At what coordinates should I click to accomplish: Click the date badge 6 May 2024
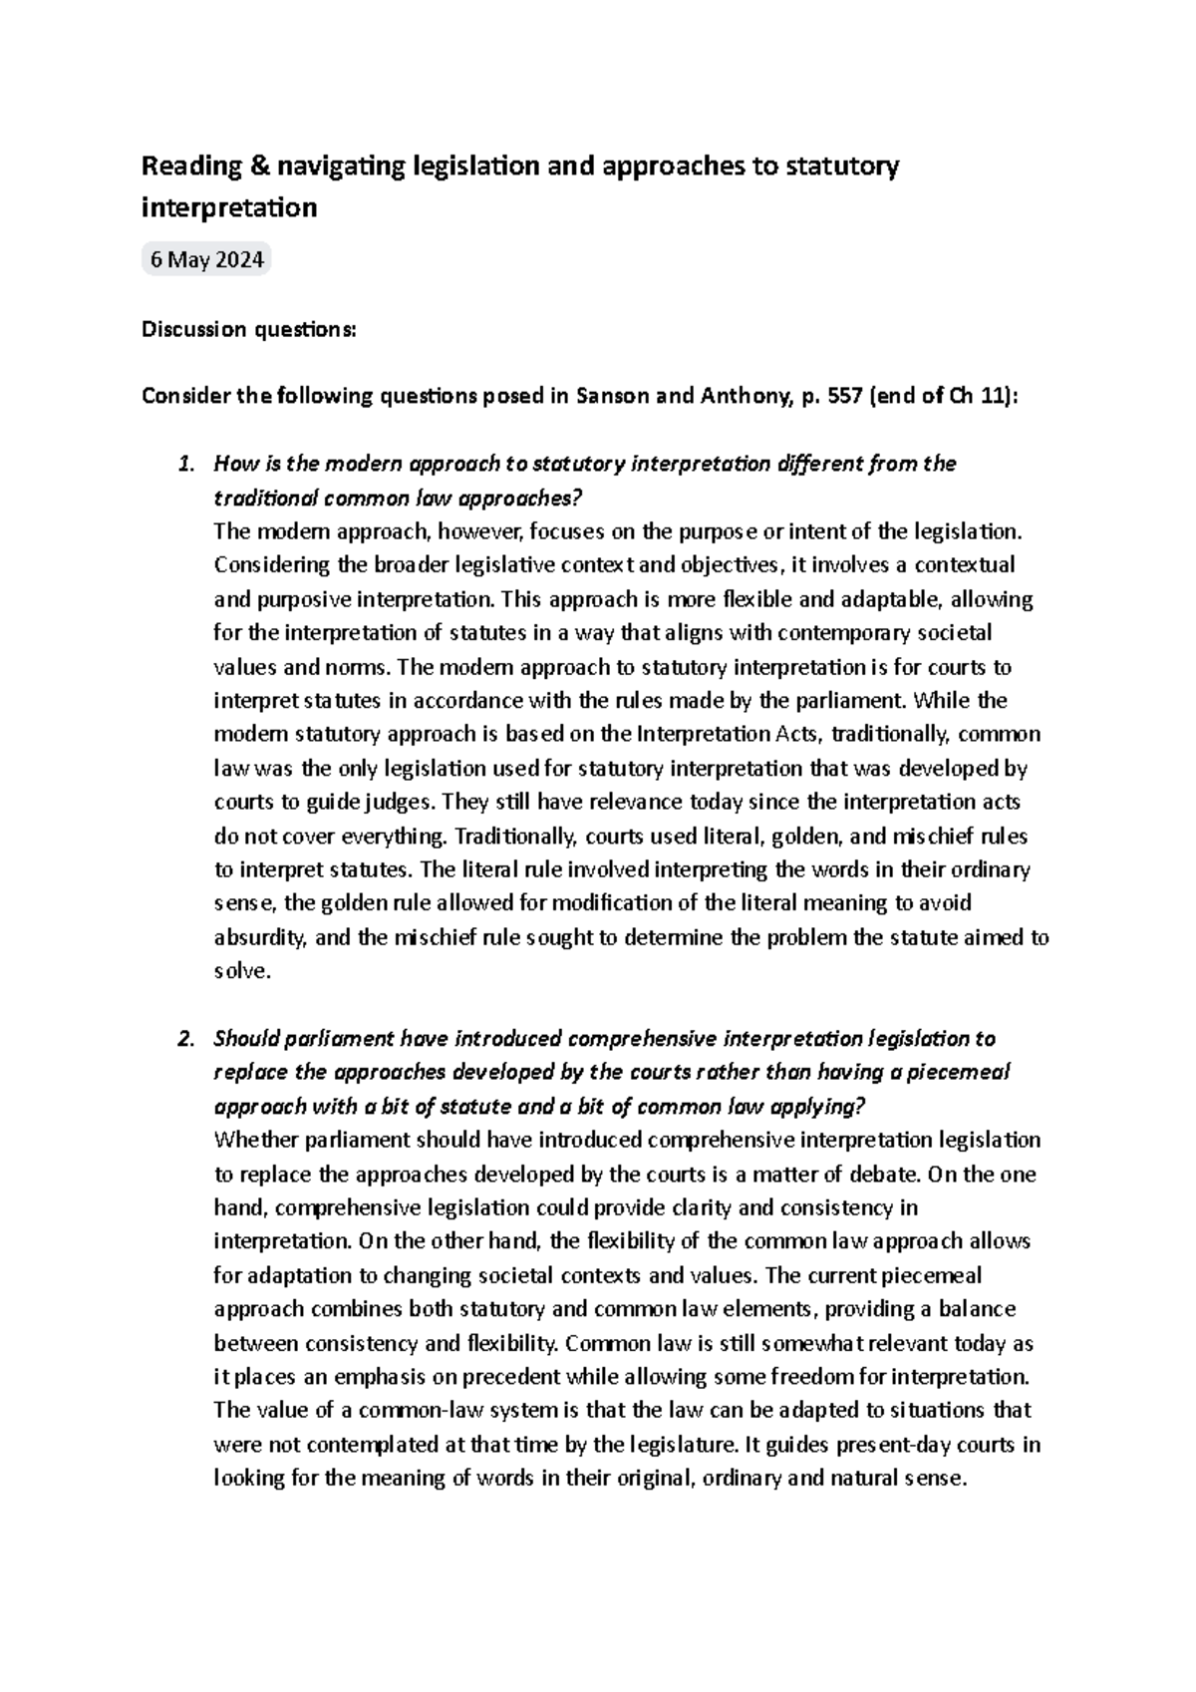[206, 260]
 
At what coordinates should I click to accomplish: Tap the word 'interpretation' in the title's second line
[229, 207]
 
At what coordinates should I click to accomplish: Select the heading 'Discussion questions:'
[247, 330]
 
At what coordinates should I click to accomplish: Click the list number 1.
[182, 464]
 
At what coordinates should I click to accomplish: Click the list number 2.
[182, 1039]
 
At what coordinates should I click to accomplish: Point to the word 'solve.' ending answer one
[242, 971]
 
